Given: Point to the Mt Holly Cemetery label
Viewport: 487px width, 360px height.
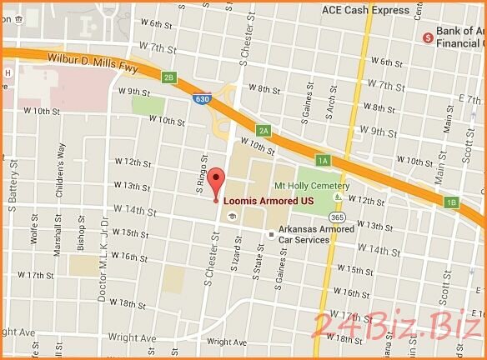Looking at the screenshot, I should tap(314, 186).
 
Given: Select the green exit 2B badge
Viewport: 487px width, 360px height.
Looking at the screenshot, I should tap(169, 77).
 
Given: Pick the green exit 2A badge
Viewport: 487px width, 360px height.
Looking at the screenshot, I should tap(264, 131).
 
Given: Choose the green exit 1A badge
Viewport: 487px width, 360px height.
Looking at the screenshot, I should tap(323, 159).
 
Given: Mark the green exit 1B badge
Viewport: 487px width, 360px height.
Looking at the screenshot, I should tap(452, 202).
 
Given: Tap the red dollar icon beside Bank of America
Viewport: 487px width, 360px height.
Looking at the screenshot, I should tap(428, 37).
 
